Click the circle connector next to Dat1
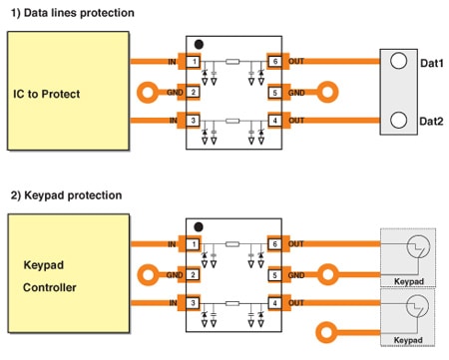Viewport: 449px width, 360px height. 398,61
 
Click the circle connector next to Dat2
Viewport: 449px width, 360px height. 398,122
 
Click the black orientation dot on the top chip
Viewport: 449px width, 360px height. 199,44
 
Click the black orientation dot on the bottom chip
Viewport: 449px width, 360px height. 199,225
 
